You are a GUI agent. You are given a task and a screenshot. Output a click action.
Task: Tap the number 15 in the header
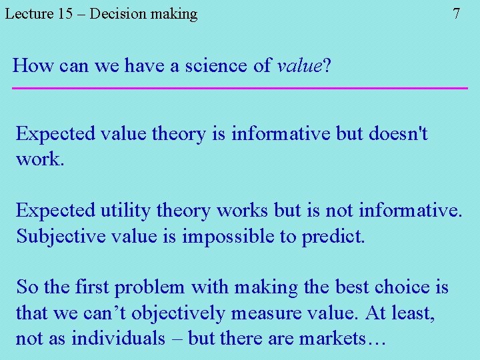click(x=65, y=14)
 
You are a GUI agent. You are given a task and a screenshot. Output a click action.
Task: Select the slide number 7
click(x=456, y=14)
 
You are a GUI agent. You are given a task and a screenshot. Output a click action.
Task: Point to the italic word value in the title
click(x=299, y=65)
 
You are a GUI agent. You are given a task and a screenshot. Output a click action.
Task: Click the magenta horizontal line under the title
click(x=240, y=88)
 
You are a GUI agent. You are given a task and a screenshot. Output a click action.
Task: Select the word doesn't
click(x=397, y=133)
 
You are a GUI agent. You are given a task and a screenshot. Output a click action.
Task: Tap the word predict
click(x=333, y=237)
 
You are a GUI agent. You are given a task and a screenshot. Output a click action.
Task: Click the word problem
click(x=151, y=287)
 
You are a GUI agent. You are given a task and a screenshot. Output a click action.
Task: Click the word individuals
click(x=118, y=338)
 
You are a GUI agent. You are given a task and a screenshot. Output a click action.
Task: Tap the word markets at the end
click(x=342, y=338)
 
